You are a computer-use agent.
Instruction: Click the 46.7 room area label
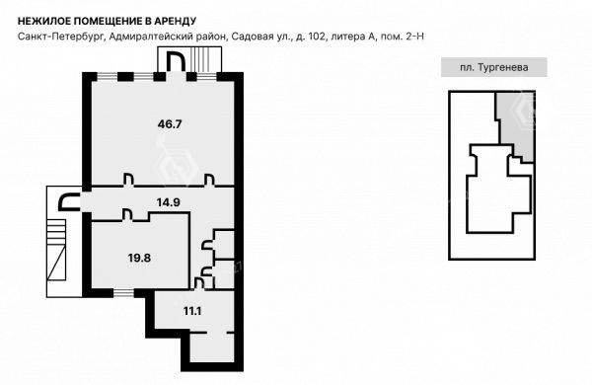pos(170,124)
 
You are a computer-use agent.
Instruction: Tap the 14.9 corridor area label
pos(169,202)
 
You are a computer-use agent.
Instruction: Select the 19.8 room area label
pos(139,258)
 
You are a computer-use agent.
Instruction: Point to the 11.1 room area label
pos(192,311)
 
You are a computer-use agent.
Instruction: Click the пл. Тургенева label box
pos(494,67)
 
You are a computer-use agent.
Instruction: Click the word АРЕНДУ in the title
pos(176,21)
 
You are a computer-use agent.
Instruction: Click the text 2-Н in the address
pos(415,37)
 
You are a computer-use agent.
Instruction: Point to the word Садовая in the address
pos(248,37)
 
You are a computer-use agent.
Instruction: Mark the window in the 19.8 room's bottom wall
pos(124,293)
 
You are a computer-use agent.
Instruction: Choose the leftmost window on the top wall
pos(108,77)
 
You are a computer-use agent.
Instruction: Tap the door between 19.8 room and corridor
pos(128,216)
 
